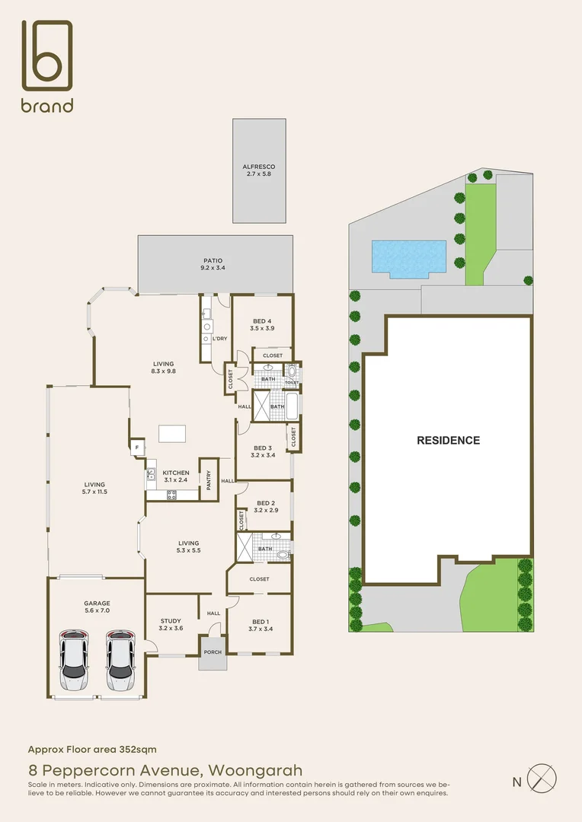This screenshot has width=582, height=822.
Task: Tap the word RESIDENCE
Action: (x=448, y=440)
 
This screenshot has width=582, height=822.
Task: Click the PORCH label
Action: (x=213, y=652)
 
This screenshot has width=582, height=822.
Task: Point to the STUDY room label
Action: (x=171, y=624)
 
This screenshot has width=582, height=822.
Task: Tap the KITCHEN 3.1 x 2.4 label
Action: (x=176, y=476)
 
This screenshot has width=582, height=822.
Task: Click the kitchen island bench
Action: (x=173, y=433)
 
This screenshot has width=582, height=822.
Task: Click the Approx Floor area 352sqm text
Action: (x=92, y=750)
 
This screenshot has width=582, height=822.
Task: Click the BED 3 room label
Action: (x=261, y=451)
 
